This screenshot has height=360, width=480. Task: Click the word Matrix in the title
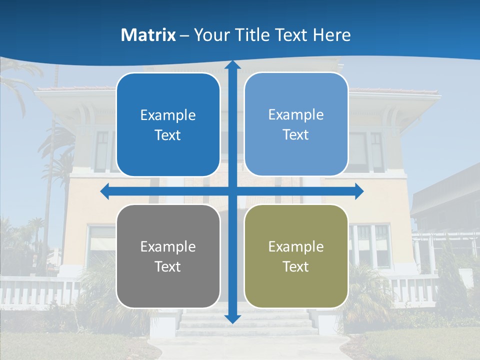148,35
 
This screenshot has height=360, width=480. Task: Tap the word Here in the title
332,35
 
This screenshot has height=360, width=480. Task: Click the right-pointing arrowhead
359,191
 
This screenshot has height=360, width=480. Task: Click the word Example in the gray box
168,247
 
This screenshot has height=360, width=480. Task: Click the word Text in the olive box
296,267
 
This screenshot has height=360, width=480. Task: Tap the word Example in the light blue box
296,115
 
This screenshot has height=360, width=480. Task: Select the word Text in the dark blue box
168,135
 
